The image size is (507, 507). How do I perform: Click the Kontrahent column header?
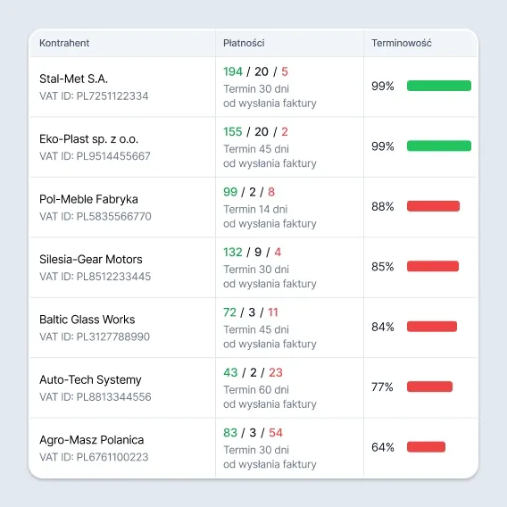click(x=64, y=43)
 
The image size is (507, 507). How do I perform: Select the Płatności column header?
click(x=244, y=43)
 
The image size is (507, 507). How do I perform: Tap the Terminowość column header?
click(x=402, y=43)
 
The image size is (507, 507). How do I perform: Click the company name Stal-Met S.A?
click(x=73, y=79)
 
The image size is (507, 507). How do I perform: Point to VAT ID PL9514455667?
click(x=95, y=156)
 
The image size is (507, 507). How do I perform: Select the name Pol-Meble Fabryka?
click(x=88, y=199)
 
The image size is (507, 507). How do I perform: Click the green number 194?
click(x=233, y=71)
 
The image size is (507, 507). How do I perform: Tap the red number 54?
click(x=276, y=433)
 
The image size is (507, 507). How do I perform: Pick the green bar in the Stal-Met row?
click(x=439, y=86)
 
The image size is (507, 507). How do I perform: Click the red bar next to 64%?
click(x=426, y=447)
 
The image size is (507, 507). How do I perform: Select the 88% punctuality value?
click(x=383, y=206)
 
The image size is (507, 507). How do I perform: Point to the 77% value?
click(x=382, y=386)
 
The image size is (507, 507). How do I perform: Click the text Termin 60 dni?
click(x=256, y=390)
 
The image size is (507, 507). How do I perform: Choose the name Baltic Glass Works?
click(x=87, y=320)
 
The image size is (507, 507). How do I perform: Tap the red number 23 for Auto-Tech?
click(x=276, y=372)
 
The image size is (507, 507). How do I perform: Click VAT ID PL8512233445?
click(x=95, y=277)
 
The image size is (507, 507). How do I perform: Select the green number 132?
click(x=233, y=252)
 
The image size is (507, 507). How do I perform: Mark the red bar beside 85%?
click(x=433, y=266)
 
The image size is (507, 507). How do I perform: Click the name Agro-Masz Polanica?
click(x=92, y=440)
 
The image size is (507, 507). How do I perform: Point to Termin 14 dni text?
click(x=255, y=209)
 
